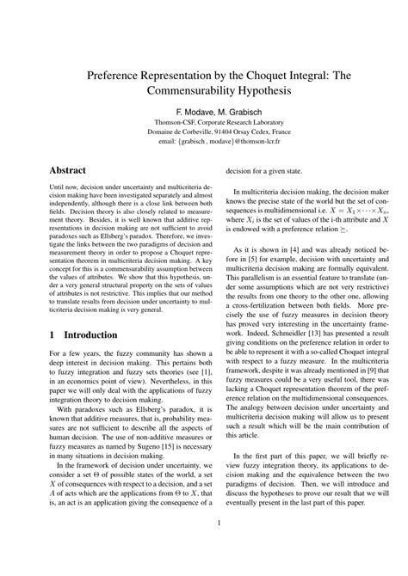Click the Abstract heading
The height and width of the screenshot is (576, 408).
(71, 171)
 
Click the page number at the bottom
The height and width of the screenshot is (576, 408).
(204, 544)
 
